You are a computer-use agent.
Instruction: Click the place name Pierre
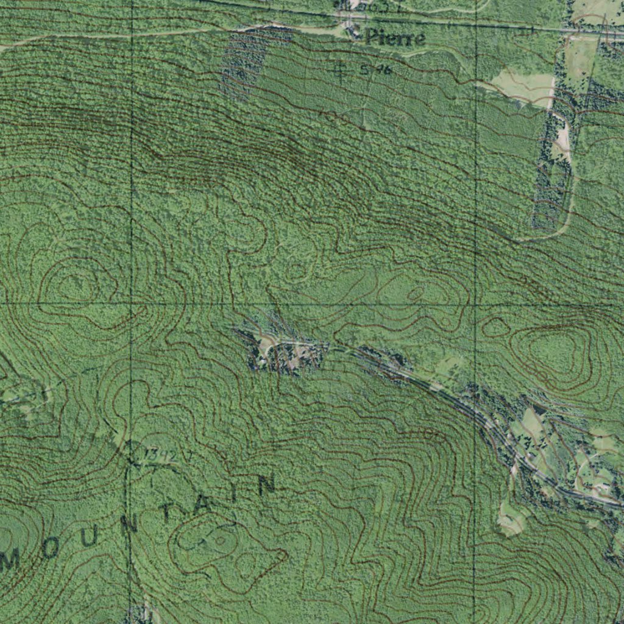click(x=395, y=38)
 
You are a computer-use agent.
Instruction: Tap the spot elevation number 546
click(x=375, y=70)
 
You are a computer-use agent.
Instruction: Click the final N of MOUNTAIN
click(x=266, y=485)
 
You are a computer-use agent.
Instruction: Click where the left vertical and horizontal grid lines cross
click(x=131, y=303)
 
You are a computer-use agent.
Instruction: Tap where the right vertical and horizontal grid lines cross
click(x=475, y=303)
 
